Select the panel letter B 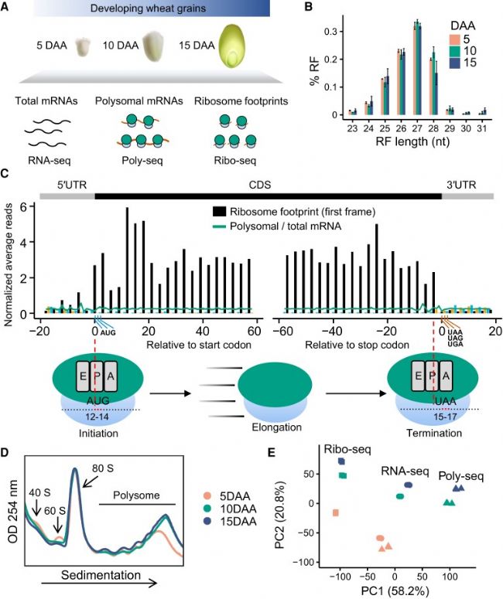308,10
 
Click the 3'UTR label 466,186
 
